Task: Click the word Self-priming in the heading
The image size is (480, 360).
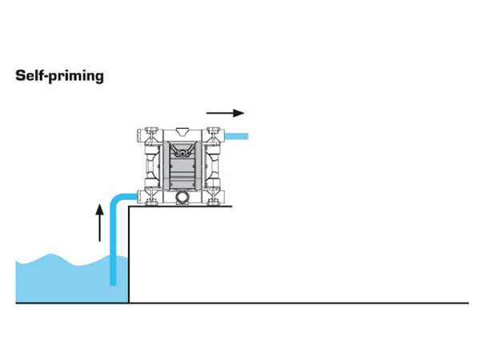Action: click(58, 77)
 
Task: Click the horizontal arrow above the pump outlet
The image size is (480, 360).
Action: click(225, 113)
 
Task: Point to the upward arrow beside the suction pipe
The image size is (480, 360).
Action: click(99, 222)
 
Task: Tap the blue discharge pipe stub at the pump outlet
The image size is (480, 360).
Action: click(238, 137)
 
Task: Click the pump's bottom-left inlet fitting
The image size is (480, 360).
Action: click(146, 196)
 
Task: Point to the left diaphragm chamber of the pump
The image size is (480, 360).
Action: click(154, 165)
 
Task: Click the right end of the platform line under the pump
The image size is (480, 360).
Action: click(231, 206)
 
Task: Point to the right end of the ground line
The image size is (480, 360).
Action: click(466, 303)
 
